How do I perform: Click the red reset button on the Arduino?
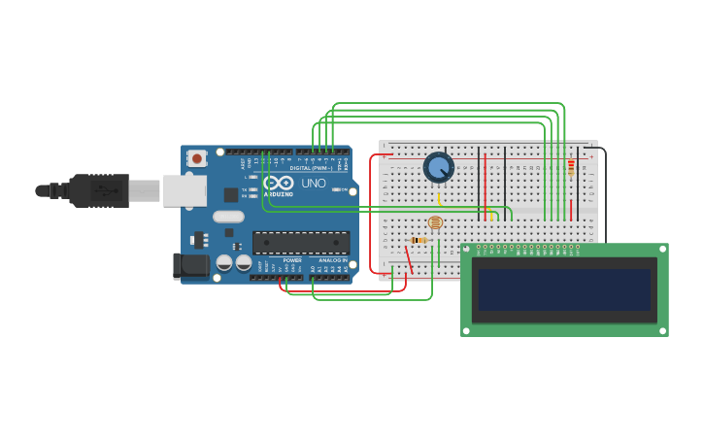pos(197,157)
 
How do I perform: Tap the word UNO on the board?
pos(314,184)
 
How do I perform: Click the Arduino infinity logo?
pos(278,183)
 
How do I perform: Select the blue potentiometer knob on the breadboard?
pos(439,168)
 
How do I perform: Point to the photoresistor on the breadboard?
pos(434,222)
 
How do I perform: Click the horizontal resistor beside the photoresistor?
pos(419,240)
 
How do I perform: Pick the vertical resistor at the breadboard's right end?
pos(571,166)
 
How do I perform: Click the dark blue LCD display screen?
pos(564,289)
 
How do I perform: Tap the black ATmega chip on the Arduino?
pos(301,242)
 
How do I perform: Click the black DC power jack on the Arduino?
pos(190,265)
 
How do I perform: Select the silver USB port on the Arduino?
pos(184,190)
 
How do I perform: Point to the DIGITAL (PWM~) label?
pos(311,168)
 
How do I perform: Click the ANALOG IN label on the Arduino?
pos(331,260)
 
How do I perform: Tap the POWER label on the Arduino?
pos(292,260)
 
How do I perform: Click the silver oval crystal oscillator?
pos(228,217)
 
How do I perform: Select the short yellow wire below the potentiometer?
pos(440,198)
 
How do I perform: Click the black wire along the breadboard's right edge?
pos(605,194)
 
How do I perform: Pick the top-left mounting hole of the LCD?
pos(467,250)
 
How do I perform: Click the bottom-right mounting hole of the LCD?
pos(662,330)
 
